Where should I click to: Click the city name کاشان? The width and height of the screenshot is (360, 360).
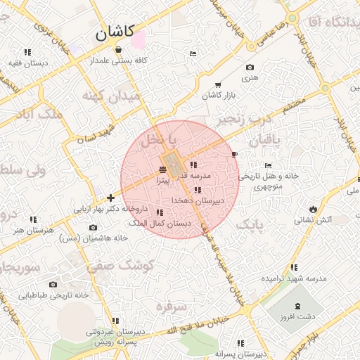(x=115, y=32)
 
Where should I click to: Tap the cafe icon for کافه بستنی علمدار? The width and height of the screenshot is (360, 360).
(x=117, y=50)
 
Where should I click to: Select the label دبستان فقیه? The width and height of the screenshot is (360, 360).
(x=27, y=62)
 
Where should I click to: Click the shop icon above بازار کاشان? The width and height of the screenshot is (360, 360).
(x=217, y=85)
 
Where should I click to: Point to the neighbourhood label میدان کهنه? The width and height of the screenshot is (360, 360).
(x=111, y=96)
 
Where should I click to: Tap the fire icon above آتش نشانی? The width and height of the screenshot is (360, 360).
(x=312, y=210)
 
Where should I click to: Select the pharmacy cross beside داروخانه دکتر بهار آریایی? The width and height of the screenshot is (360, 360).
(x=110, y=198)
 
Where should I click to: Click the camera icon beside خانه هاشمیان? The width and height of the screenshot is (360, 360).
(x=94, y=227)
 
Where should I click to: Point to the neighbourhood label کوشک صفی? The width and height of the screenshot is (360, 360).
(x=111, y=266)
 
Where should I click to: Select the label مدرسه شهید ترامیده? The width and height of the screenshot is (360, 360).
(x=294, y=278)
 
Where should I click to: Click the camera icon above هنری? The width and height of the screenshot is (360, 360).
(x=250, y=67)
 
